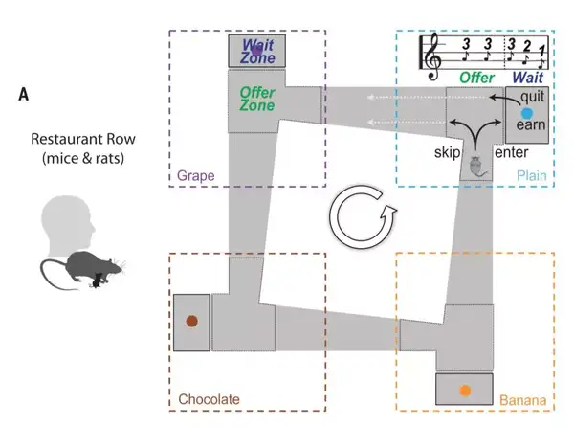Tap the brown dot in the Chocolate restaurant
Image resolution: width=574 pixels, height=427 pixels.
tap(191, 322)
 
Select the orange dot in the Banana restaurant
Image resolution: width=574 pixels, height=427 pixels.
tap(464, 390)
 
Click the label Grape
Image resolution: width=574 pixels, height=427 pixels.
tap(194, 176)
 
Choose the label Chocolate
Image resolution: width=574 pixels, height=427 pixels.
tap(209, 399)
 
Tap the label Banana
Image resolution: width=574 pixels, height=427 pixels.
tap(522, 399)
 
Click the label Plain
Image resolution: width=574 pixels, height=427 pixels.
tap(531, 176)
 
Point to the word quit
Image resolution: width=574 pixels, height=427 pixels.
tap(533, 95)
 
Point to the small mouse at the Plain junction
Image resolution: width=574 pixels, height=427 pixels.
tap(475, 167)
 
